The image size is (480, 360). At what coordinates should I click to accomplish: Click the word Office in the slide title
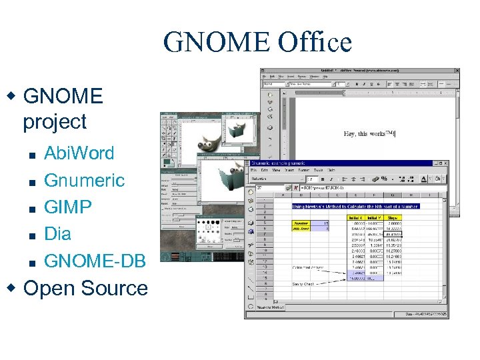pyautogui.click(x=315, y=43)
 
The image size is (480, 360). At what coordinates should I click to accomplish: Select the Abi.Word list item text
pyautogui.click(x=79, y=153)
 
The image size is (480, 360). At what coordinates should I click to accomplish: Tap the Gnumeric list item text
pyautogui.click(x=84, y=181)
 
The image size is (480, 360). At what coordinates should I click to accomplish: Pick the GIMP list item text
pyautogui.click(x=68, y=207)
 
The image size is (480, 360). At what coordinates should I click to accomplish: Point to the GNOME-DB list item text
pyautogui.click(x=95, y=261)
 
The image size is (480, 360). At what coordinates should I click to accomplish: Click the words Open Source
pyautogui.click(x=85, y=289)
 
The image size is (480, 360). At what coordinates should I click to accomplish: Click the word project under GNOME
pyautogui.click(x=55, y=122)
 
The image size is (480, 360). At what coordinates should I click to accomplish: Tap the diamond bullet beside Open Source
pyautogui.click(x=10, y=287)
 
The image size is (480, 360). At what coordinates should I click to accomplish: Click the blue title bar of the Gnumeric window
pyautogui.click(x=347, y=164)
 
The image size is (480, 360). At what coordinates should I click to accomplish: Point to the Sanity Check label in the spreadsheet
pyautogui.click(x=304, y=284)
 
